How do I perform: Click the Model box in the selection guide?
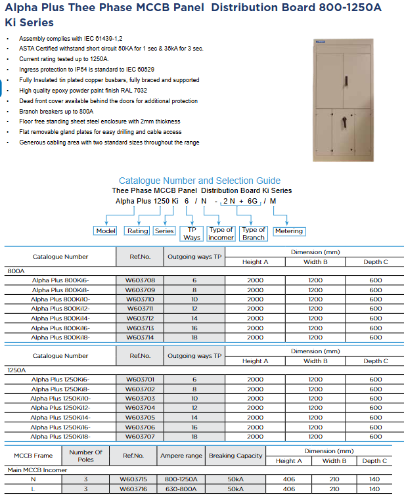coord(106,231)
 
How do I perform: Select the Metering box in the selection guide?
coord(288,231)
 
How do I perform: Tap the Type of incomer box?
coord(221,234)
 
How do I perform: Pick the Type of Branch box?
coord(254,234)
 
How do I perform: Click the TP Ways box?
coord(192,234)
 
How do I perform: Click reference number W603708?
coord(140,280)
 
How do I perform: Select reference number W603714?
coord(140,338)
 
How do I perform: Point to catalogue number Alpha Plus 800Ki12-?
coord(60,309)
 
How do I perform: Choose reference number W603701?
coord(140,380)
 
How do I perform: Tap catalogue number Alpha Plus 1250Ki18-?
coord(60,437)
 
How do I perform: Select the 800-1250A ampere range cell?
coord(181,479)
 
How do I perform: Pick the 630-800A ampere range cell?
coord(181,489)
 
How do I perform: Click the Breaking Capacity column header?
coord(235,456)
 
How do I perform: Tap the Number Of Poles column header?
coord(86,456)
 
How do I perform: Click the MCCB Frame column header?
coord(33,456)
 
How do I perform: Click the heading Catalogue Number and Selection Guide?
coord(200,181)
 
